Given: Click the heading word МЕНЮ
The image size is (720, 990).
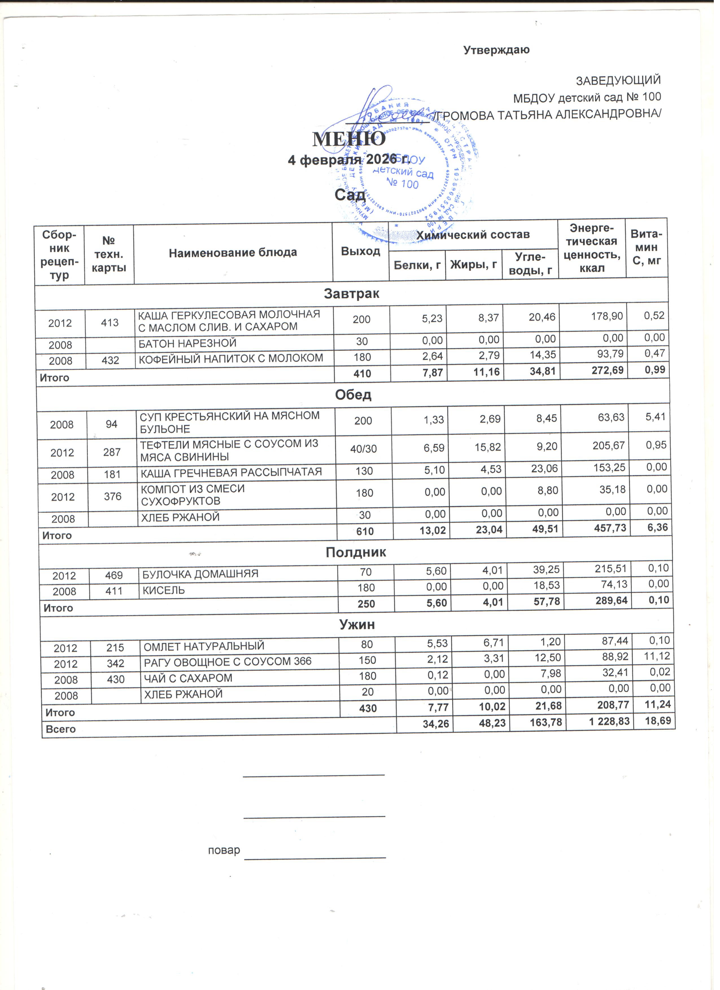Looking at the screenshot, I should [349, 139].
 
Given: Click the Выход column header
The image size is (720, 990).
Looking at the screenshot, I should [361, 251].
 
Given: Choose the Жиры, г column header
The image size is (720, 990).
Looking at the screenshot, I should [474, 264].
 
